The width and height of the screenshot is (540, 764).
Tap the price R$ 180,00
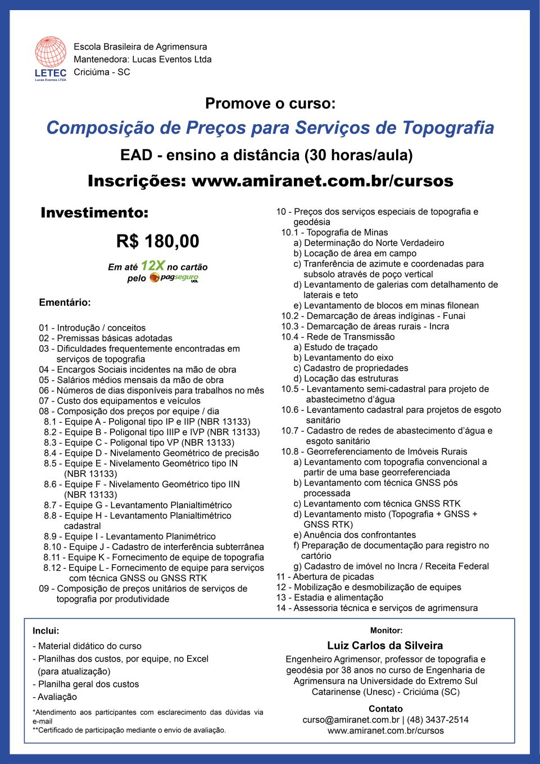tap(157, 241)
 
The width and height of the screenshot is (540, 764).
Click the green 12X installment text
tap(152, 265)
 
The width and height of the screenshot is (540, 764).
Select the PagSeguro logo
tap(174, 278)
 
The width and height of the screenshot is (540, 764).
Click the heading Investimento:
tap(94, 213)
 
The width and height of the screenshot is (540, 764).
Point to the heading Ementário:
tap(65, 302)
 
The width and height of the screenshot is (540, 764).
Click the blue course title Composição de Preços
tap(270, 128)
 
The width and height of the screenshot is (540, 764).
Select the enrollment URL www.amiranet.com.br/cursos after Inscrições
tap(322, 181)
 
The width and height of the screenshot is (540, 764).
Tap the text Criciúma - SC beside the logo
tap(102, 72)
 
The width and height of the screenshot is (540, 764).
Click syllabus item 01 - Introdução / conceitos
tap(92, 328)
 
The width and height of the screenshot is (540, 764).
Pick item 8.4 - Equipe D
tap(151, 453)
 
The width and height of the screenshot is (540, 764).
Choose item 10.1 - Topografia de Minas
tap(334, 232)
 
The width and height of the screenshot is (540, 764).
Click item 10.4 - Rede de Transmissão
tap(338, 337)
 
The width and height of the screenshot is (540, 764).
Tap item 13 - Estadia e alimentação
tap(329, 598)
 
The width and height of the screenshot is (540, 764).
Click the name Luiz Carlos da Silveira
tap(385, 645)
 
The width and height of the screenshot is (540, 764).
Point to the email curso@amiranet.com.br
tap(351, 720)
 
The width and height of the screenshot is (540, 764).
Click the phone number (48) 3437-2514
tap(438, 720)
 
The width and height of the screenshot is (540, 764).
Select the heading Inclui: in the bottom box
tap(46, 631)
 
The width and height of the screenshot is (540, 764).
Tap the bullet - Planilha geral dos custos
tap(85, 684)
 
